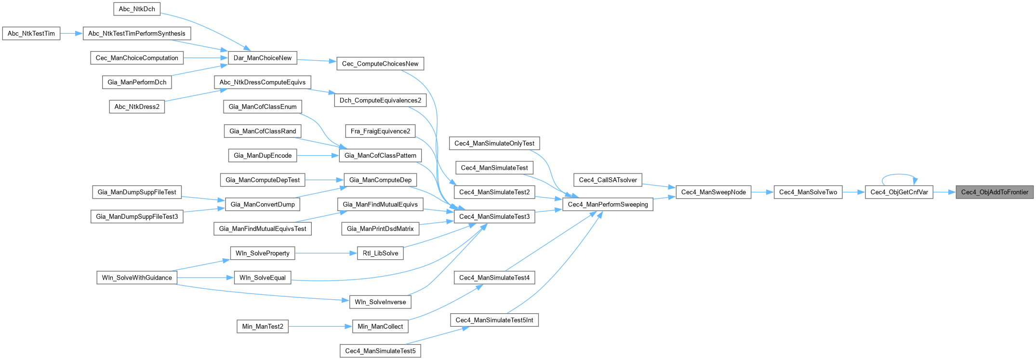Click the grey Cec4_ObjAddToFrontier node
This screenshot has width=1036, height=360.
[995, 192]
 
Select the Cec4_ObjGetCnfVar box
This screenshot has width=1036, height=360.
[899, 192]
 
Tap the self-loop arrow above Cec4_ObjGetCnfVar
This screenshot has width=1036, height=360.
[899, 174]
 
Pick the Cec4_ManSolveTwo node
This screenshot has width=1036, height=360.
[808, 192]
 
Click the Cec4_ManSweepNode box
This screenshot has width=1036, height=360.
[713, 192]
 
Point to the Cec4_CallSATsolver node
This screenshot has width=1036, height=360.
[608, 180]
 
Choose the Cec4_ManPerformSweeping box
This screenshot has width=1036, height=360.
[608, 204]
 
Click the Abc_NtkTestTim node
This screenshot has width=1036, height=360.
[31, 34]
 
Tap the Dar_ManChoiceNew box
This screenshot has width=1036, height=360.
[262, 58]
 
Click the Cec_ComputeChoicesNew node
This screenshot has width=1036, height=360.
[380, 64]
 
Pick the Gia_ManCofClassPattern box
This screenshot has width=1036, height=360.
[380, 156]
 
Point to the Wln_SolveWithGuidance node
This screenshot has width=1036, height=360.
[137, 278]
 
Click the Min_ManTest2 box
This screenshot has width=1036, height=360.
[263, 327]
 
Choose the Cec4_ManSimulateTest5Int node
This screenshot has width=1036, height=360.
[494, 320]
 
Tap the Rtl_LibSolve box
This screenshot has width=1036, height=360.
[380, 253]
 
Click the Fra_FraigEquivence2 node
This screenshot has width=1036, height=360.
[380, 131]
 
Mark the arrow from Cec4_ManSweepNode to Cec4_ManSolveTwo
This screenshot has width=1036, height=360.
[762, 192]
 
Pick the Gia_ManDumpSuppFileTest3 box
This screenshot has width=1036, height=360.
[137, 217]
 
